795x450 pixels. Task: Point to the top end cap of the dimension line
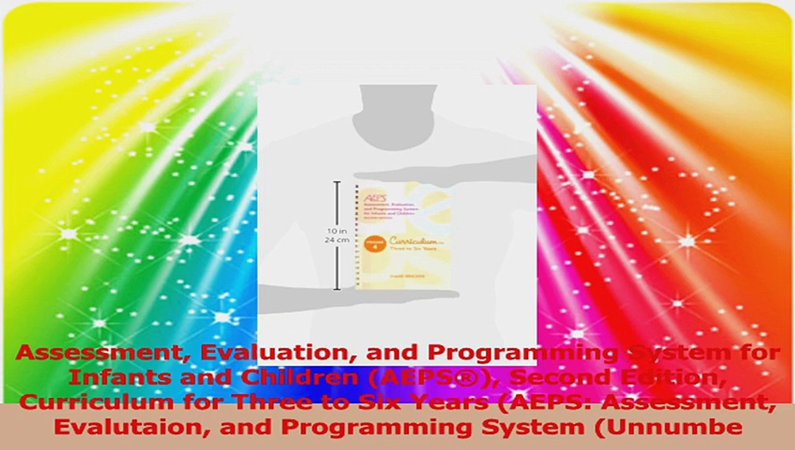coord(337,182)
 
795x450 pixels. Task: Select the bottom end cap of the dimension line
coord(337,289)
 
